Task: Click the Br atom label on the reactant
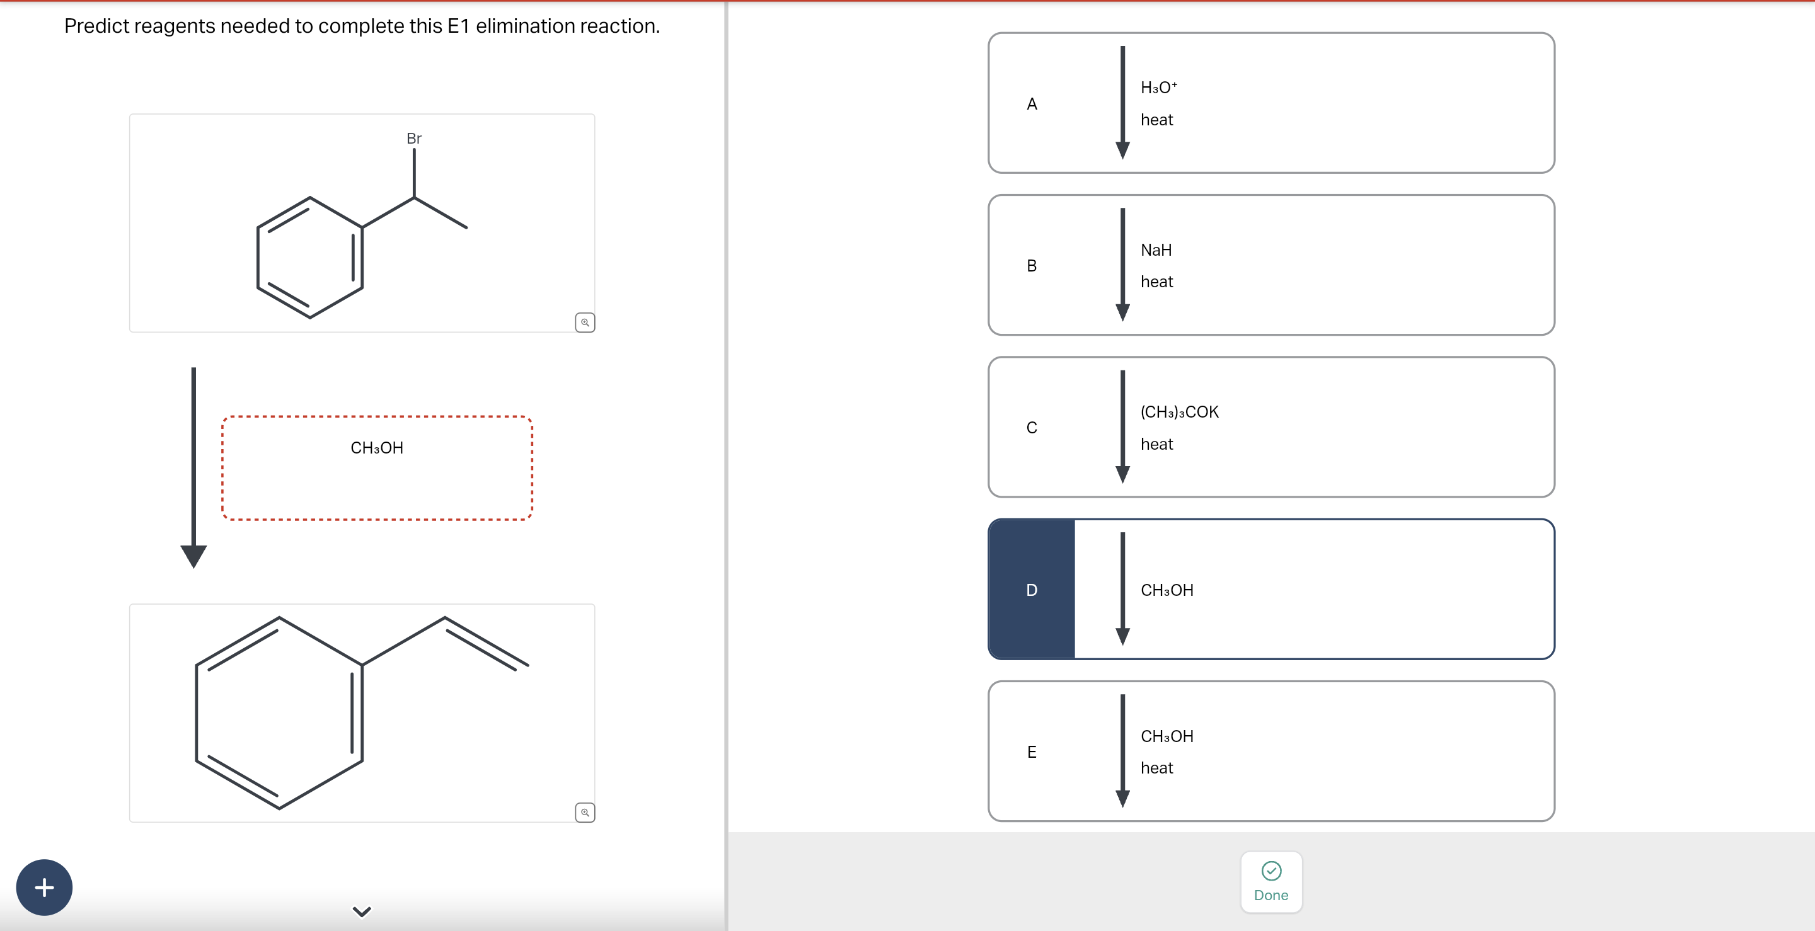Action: point(413,139)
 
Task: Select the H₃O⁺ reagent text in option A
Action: point(1158,88)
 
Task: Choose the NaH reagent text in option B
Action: point(1156,250)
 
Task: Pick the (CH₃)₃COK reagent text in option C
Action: point(1178,412)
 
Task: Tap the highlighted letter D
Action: point(1032,590)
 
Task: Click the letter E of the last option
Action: point(1032,752)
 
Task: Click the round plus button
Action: point(44,888)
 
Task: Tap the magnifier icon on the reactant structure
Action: point(585,323)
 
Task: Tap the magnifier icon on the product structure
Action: point(585,813)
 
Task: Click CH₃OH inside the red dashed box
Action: point(377,448)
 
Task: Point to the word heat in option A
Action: point(1156,120)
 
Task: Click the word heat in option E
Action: point(1156,768)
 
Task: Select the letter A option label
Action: point(1032,104)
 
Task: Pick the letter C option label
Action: point(1032,428)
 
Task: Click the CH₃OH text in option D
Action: point(1167,590)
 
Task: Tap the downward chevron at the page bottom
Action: point(362,911)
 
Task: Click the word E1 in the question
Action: point(458,26)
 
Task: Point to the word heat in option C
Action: point(1156,444)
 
